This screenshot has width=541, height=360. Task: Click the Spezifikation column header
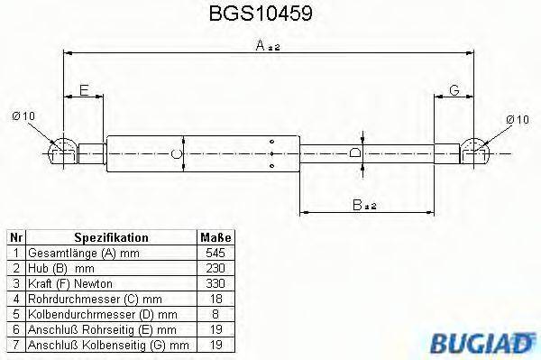pyautogui.click(x=111, y=237)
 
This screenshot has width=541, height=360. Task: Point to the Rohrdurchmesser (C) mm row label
pyautogui.click(x=83, y=299)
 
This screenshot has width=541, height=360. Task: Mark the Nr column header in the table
pyautogui.click(x=14, y=237)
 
